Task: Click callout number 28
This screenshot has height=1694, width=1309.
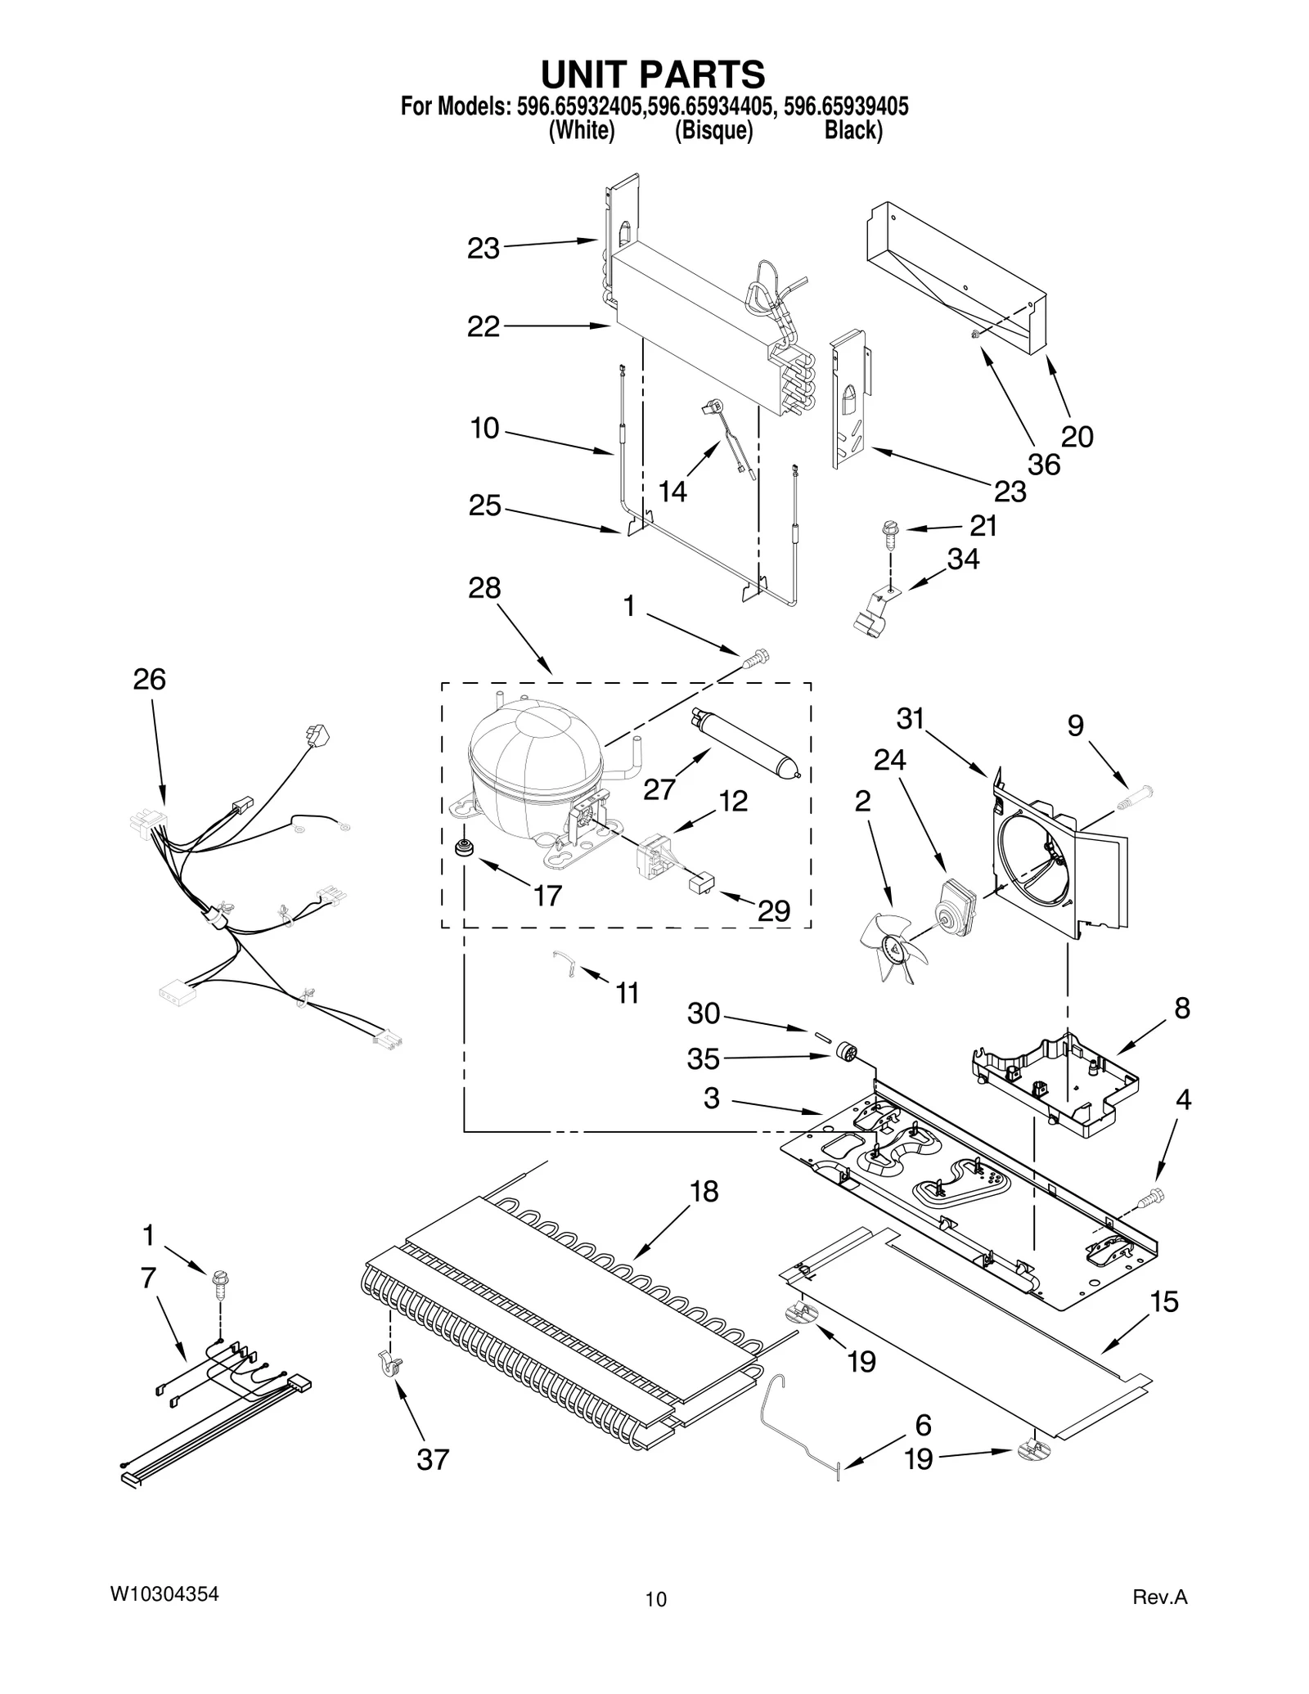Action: point(484,588)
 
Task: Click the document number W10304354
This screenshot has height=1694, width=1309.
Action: point(164,1594)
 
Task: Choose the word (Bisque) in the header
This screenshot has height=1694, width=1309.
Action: point(713,131)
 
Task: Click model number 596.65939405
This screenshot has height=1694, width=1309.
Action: point(846,106)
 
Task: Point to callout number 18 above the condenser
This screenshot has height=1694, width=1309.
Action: point(704,1192)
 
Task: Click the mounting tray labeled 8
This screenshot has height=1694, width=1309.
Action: point(1055,1079)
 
